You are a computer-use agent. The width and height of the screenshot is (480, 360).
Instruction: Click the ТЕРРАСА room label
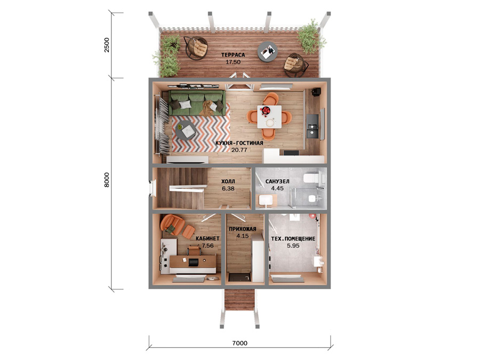tap(233, 55)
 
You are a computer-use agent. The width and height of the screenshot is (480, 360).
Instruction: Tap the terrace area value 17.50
tap(233, 62)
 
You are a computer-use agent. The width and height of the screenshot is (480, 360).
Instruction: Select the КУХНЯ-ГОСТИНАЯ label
tap(239, 143)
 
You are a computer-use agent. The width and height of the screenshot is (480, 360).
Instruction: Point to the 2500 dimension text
tap(107, 45)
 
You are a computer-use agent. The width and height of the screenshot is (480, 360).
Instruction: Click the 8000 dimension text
tap(107, 180)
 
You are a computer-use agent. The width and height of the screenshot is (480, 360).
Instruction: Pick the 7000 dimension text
tap(239, 343)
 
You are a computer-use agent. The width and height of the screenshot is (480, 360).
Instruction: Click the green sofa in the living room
tap(196, 103)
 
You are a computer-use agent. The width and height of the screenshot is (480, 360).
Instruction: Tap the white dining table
tap(269, 117)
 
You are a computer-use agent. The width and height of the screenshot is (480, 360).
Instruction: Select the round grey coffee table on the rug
tap(186, 130)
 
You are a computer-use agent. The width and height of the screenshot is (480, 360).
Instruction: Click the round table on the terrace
tap(268, 52)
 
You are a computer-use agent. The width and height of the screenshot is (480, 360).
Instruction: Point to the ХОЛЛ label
tap(228, 181)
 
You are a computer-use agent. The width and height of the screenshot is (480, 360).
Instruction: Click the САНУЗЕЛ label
tap(277, 181)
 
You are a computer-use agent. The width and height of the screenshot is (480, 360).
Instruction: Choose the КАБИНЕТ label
tap(207, 238)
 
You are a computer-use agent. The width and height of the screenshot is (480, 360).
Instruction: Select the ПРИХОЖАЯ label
tap(243, 229)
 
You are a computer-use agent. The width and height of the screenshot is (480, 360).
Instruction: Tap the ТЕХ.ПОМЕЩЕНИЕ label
tap(293, 238)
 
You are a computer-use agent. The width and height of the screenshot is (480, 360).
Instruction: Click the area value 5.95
tap(293, 245)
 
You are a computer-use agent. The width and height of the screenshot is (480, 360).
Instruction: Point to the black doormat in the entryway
tap(240, 277)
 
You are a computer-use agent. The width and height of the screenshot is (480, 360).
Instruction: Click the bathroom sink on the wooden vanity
tap(266, 200)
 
